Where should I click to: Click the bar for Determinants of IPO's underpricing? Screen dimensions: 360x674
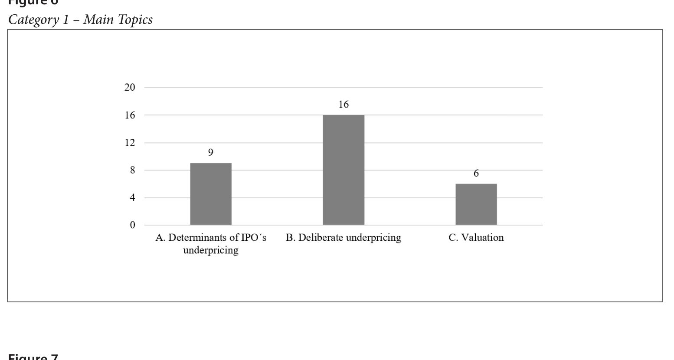click(x=211, y=194)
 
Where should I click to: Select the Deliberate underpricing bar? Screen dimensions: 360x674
click(x=344, y=170)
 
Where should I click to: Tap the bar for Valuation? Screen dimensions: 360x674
click(x=476, y=204)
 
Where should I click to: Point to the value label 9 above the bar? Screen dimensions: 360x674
click(x=211, y=153)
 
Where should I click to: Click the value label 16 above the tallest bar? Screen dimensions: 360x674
click(x=344, y=105)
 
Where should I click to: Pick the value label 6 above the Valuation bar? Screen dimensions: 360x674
click(x=476, y=173)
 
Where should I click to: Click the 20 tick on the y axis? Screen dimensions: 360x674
click(x=130, y=87)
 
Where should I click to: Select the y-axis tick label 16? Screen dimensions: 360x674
click(x=130, y=115)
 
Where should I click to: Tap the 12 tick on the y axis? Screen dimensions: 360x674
click(x=130, y=143)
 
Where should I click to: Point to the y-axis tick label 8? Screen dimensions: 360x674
click(x=132, y=170)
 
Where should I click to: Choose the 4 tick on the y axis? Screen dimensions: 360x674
click(x=132, y=198)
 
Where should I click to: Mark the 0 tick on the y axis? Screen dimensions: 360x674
click(x=132, y=225)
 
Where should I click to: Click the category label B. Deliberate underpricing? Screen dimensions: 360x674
click(x=344, y=238)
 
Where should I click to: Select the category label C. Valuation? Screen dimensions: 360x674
click(x=476, y=238)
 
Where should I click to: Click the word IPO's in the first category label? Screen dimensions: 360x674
click(x=254, y=238)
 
